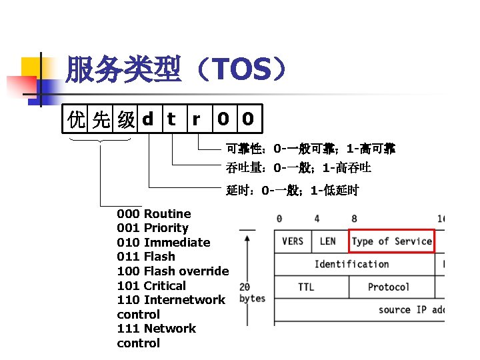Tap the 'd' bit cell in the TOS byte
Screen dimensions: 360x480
pyautogui.click(x=148, y=119)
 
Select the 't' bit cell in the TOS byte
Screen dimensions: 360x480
pyautogui.click(x=171, y=119)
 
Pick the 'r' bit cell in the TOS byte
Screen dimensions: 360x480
pyautogui.click(x=196, y=119)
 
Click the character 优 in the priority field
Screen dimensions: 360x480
pyautogui.click(x=77, y=120)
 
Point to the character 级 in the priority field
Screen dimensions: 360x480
pyautogui.click(x=125, y=120)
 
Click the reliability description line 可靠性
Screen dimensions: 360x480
pyautogui.click(x=310, y=148)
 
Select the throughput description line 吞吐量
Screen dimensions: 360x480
pyautogui.click(x=298, y=167)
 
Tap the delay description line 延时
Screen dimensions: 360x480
pyautogui.click(x=292, y=191)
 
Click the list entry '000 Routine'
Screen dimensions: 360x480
pyautogui.click(x=154, y=214)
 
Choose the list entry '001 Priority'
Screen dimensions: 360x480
pyautogui.click(x=153, y=228)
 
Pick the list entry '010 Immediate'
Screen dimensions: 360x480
pyautogui.click(x=163, y=243)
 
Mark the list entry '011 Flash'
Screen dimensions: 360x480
pyautogui.click(x=146, y=257)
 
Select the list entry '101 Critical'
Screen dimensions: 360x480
pyautogui.click(x=151, y=286)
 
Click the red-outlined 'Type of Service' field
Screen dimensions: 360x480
pyautogui.click(x=391, y=241)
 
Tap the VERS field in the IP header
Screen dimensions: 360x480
pyautogui.click(x=293, y=241)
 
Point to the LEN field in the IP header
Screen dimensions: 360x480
pyautogui.click(x=328, y=241)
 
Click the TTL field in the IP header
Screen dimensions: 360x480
pyautogui.click(x=307, y=287)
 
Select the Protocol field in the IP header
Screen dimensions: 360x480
pyautogui.click(x=388, y=287)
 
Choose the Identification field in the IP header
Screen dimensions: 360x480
pyautogui.click(x=351, y=264)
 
